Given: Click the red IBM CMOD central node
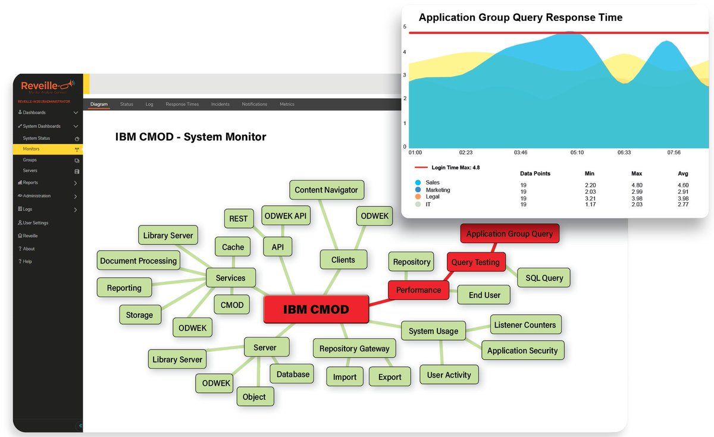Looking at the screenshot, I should [x=315, y=309].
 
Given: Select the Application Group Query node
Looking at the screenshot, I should [x=509, y=234].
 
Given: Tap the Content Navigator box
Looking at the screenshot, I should [x=326, y=190].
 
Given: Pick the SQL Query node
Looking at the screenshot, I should [x=544, y=277].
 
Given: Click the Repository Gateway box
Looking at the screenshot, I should [x=354, y=348].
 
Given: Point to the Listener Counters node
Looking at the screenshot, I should [x=525, y=325].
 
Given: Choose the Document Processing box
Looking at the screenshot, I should [x=139, y=260].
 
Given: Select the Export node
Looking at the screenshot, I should [x=390, y=377].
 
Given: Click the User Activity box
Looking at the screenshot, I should [x=449, y=375].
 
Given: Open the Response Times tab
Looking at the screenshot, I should [x=182, y=104].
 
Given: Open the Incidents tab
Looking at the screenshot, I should [x=220, y=104].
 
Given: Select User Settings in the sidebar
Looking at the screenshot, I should [x=35, y=222].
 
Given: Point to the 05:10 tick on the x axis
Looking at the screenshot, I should [x=577, y=153].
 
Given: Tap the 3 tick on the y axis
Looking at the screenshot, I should [x=405, y=75].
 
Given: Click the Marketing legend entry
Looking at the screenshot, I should [x=438, y=190].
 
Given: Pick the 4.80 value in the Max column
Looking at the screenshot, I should [x=637, y=185].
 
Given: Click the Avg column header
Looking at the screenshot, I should [x=683, y=174].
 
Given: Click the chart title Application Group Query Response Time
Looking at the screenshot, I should [x=521, y=18].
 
